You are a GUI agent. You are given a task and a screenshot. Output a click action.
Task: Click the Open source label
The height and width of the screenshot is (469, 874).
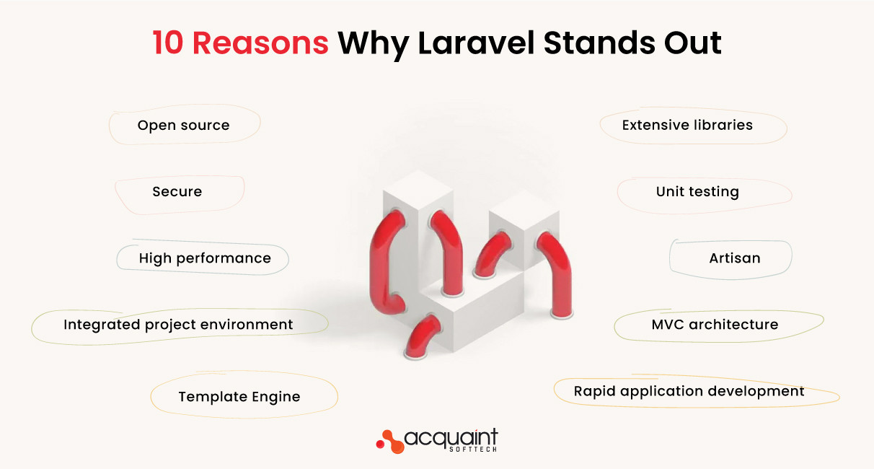[183, 126]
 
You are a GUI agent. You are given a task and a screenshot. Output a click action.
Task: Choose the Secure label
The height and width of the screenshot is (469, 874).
[177, 192]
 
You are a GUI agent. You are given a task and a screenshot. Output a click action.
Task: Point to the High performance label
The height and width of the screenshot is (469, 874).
[205, 258]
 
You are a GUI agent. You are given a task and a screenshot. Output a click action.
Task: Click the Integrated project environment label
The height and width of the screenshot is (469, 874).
[178, 325]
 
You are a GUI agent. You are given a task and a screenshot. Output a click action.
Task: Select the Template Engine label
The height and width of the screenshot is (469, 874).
[239, 397]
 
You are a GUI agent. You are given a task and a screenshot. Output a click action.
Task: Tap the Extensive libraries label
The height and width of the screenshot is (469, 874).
[687, 126]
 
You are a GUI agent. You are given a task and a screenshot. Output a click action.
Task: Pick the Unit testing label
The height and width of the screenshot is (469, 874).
[697, 192]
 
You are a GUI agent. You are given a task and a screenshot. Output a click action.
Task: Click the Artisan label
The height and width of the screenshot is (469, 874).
[734, 258]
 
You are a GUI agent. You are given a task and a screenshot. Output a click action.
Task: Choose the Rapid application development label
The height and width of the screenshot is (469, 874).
[689, 391]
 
